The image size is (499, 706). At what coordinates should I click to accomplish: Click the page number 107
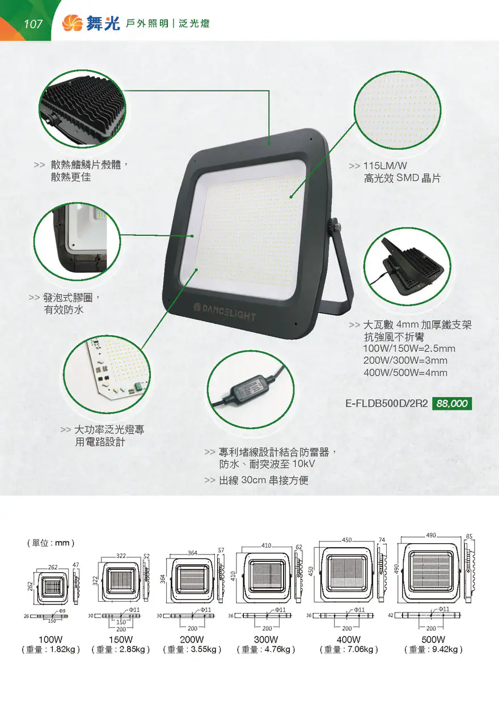(33, 24)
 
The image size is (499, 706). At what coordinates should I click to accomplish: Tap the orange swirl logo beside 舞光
(73, 23)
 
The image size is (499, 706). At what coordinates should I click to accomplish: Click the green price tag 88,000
(452, 403)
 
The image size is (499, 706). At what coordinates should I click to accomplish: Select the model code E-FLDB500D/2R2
(387, 403)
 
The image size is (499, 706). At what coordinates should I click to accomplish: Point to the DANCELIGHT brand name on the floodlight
(225, 312)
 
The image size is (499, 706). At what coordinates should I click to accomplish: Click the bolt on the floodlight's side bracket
(337, 226)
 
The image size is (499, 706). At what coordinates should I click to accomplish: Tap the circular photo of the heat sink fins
(82, 109)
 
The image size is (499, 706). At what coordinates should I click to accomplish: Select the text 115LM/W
(385, 166)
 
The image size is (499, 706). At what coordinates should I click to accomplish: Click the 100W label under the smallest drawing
(50, 639)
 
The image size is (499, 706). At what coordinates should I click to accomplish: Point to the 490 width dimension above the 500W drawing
(431, 535)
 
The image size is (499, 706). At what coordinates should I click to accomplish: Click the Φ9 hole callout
(62, 611)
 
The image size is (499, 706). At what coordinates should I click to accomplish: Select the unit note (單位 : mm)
(51, 543)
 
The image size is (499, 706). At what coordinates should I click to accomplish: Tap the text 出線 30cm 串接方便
(264, 480)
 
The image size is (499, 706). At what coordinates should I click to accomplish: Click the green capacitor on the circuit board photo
(138, 386)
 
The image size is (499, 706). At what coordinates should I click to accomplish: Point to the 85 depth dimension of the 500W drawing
(469, 536)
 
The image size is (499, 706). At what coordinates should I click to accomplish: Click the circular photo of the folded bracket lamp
(407, 267)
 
